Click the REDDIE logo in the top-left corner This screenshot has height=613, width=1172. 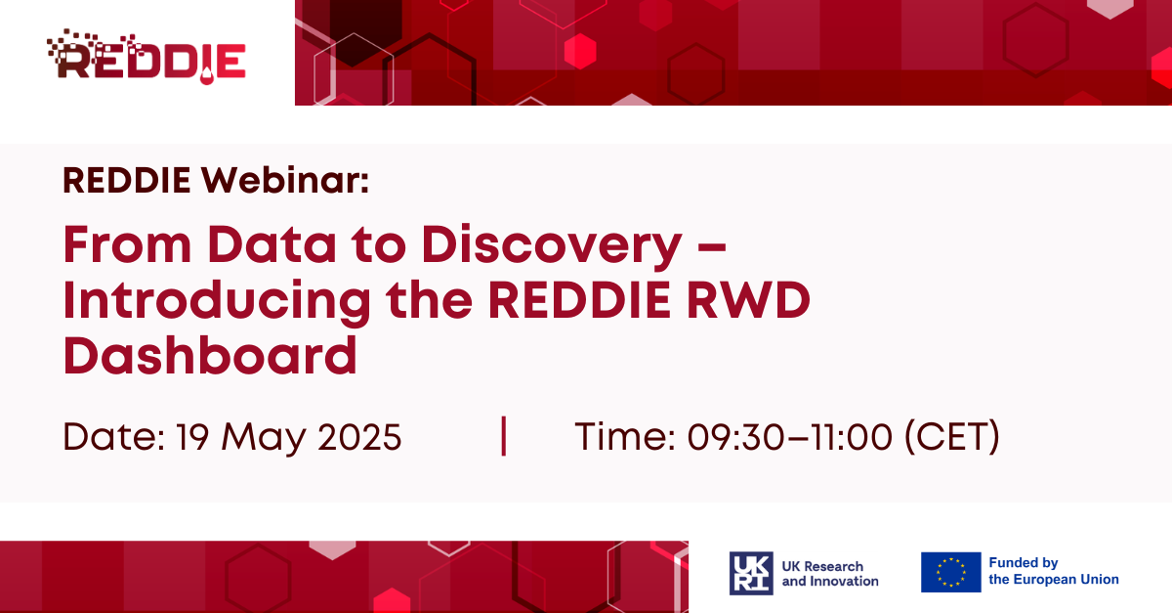tap(146, 57)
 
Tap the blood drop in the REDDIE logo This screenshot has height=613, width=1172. tap(207, 76)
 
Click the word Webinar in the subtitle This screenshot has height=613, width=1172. tap(284, 180)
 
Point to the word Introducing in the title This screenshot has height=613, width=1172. tap(217, 301)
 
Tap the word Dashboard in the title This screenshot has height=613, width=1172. tap(210, 356)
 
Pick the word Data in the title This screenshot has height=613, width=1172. tap(272, 244)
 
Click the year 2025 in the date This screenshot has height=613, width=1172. tap(359, 437)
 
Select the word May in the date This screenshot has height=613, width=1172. tap(263, 438)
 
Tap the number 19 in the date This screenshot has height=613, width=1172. tap(192, 437)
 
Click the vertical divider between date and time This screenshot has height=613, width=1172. tap(503, 436)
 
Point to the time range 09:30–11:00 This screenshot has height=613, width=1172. tap(789, 437)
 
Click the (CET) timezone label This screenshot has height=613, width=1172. tap(952, 437)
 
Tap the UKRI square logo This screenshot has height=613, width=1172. tap(751, 573)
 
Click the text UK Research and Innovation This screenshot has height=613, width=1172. tap(830, 574)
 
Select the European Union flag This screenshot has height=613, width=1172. tap(950, 572)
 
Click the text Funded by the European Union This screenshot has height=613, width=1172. tap(1054, 571)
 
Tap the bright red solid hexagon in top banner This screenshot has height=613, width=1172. tap(580, 51)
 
